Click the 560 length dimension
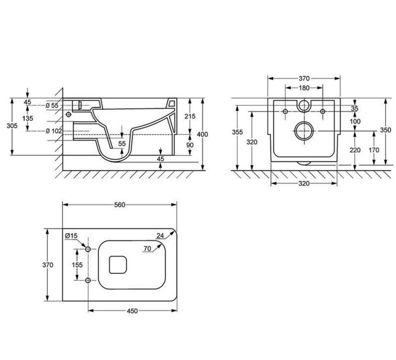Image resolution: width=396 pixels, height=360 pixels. [120, 205]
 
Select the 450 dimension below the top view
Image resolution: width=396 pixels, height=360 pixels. [132, 311]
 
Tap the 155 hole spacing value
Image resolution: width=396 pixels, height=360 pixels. [77, 265]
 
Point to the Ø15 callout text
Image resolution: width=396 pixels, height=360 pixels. [71, 236]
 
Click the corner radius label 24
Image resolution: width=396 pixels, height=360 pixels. [160, 236]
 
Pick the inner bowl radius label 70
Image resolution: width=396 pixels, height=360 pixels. [147, 249]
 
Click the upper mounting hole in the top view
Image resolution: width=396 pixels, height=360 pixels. [88, 249]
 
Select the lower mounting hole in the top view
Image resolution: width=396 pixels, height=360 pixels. [88, 280]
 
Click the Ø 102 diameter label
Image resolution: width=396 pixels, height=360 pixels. [54, 131]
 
